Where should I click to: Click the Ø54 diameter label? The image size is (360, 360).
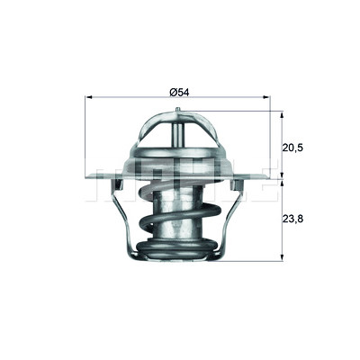[x=179, y=93]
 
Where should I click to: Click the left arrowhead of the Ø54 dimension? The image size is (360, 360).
[x=89, y=97]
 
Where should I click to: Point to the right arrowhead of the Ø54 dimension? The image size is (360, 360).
[x=266, y=97]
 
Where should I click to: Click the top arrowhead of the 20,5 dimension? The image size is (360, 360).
[x=282, y=115]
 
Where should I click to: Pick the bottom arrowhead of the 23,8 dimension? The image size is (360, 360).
[x=282, y=257]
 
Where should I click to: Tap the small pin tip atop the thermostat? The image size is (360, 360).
[x=177, y=110]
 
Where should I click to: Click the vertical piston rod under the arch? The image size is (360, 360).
[x=177, y=135]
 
